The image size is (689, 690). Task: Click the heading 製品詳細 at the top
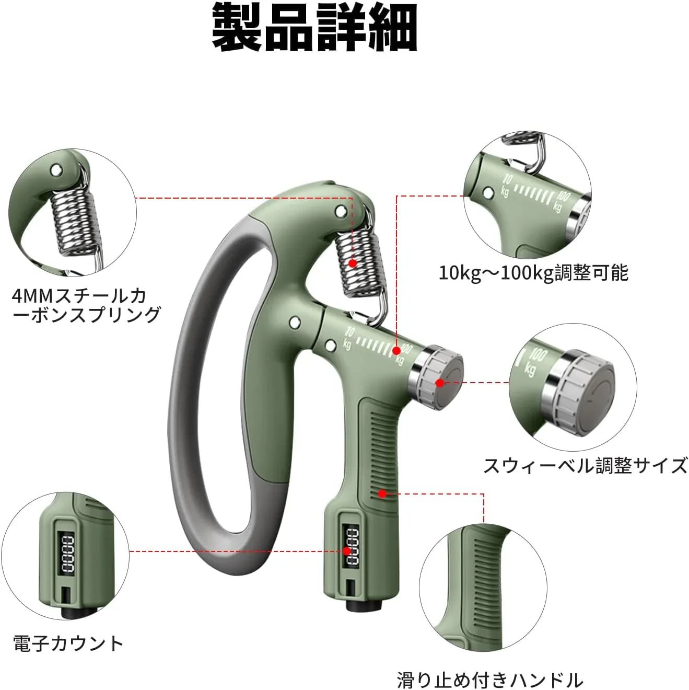pos(314,28)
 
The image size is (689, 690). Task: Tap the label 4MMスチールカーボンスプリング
pos(86,306)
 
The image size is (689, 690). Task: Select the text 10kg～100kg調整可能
pos(533,273)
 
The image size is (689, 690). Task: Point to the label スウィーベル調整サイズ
pos(585,465)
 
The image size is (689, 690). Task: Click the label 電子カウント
pos(68,643)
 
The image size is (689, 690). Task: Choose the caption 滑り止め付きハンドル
pos(489,680)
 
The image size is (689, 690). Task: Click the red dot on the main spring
pos(353,263)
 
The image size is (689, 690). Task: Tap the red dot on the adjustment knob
pos(440,383)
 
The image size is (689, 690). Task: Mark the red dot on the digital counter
pos(346,551)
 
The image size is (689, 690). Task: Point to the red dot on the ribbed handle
pos(383,493)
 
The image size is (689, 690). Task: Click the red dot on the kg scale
pos(396,350)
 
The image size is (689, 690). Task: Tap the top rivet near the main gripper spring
pos(341,211)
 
